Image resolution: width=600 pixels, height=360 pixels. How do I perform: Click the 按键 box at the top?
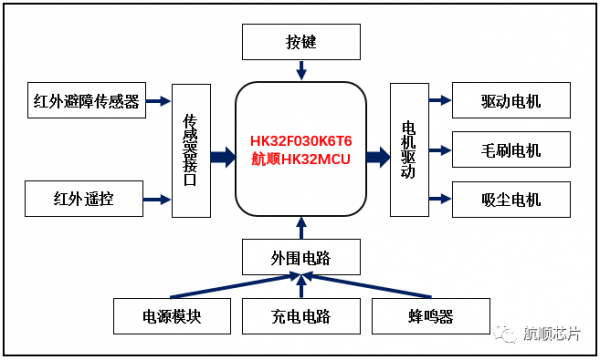tap(300, 44)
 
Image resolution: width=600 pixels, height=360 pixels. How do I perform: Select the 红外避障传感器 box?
tap(85, 100)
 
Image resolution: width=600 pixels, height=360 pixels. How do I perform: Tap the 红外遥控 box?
tap(85, 199)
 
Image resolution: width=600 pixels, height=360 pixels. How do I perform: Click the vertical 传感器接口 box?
tap(191, 150)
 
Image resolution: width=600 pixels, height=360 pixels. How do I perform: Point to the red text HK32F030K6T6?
tap(301, 142)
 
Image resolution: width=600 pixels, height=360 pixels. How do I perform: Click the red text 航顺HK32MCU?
tap(301, 159)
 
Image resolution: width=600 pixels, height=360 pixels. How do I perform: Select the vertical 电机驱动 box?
tap(408, 150)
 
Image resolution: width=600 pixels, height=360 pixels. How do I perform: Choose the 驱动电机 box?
tap(511, 102)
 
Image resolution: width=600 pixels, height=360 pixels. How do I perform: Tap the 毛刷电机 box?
tap(511, 150)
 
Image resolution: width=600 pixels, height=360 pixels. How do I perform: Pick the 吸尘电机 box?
tap(511, 198)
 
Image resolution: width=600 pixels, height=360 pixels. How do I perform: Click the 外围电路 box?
tap(300, 259)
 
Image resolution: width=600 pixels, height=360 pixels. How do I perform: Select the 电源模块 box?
tap(172, 317)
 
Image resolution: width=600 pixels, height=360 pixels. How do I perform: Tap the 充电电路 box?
tap(300, 317)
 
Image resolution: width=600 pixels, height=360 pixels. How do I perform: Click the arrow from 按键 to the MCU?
tap(300, 71)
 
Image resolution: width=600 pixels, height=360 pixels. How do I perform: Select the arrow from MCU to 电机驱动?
tap(377, 156)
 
